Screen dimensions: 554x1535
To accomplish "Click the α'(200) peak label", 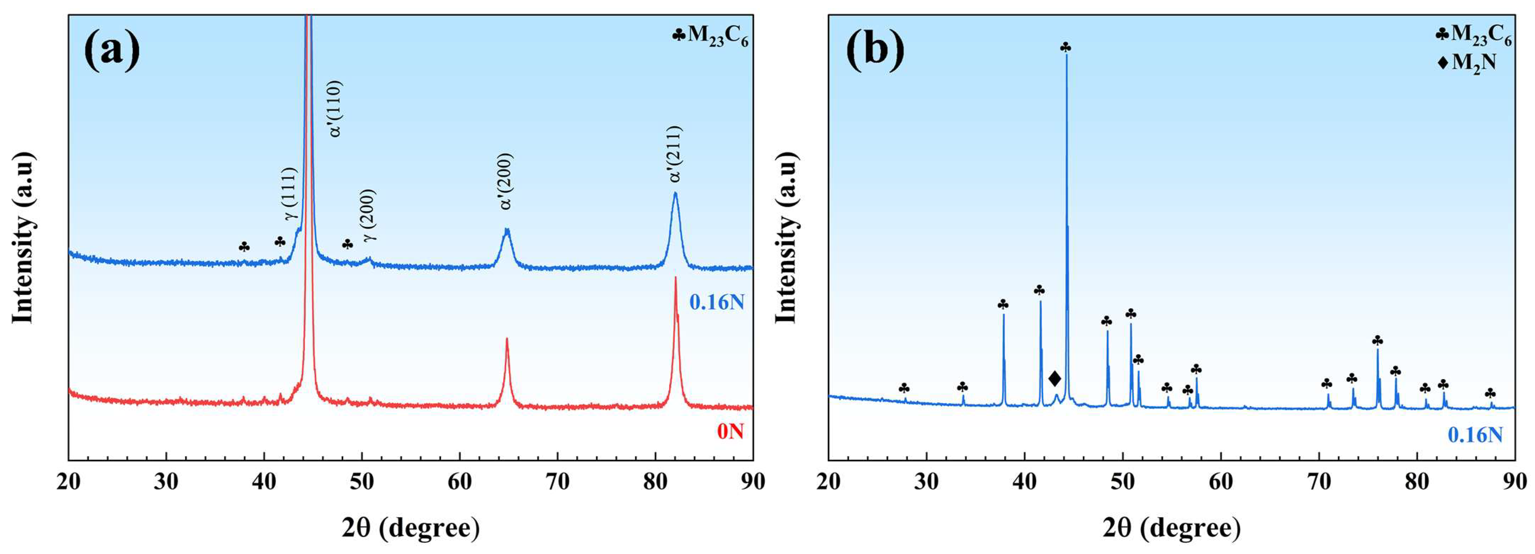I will pyautogui.click(x=506, y=182).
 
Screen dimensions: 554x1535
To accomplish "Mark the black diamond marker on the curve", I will pyautogui.click(x=1054, y=378).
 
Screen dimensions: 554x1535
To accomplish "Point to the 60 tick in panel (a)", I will pyautogui.click(x=459, y=482).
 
